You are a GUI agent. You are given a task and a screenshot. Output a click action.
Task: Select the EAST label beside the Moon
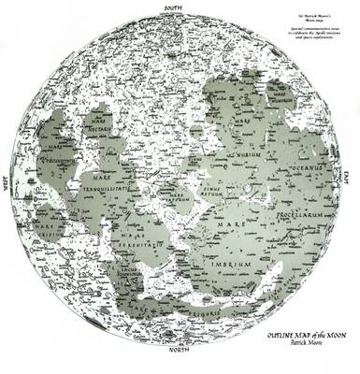pyautogui.click(x=345, y=174)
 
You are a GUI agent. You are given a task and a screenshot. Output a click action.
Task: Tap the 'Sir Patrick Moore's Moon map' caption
pyautogui.click(x=305, y=18)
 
